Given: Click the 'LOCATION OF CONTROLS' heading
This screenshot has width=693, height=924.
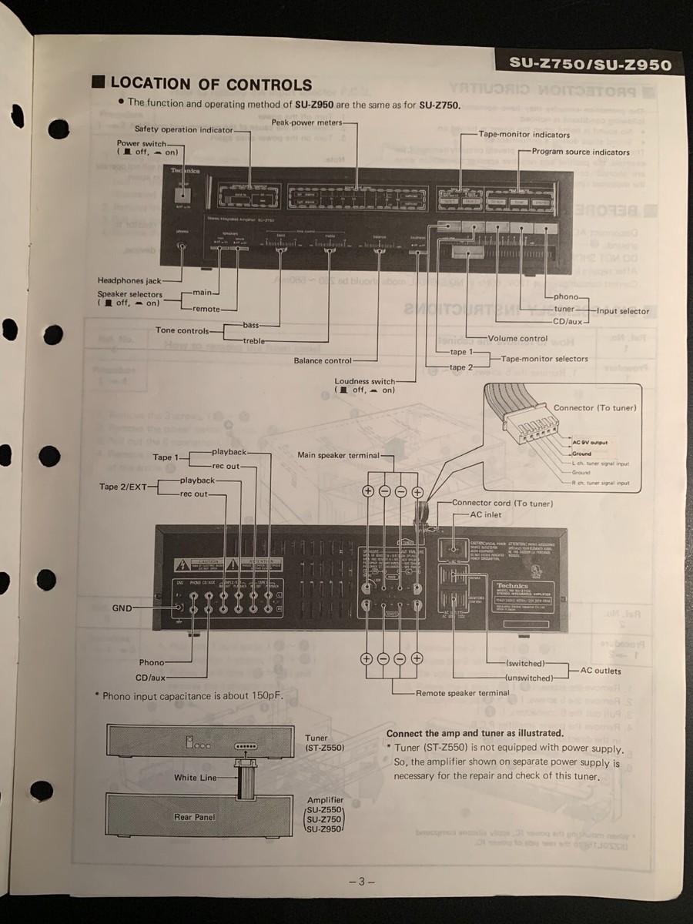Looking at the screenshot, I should coord(211,84).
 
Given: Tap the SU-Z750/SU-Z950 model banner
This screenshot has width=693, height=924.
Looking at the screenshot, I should coord(591,65).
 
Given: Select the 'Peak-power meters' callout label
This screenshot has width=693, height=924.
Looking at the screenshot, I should coord(305,122).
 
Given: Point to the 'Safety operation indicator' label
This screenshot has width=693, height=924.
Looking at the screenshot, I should coord(183,129).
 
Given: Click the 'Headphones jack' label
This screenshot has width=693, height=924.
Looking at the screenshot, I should coord(129,281).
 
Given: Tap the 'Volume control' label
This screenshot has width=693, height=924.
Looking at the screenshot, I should coord(517,338).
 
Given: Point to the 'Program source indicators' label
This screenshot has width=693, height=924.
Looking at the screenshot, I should coord(580,152).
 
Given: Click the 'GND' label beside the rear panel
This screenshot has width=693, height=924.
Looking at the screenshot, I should coord(122,608).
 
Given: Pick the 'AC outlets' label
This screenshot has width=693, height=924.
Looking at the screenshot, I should coord(601,671).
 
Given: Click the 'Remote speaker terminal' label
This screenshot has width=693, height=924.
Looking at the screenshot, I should coord(462,693).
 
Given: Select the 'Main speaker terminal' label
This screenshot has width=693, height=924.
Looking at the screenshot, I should coord(338,455).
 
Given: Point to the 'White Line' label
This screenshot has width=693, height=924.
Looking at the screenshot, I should coord(196,778).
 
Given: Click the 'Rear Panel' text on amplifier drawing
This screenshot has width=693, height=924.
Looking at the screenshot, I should coord(194,817).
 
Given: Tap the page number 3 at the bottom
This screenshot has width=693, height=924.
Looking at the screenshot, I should coord(360,882).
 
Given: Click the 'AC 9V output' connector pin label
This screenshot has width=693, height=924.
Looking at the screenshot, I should coord(589,443).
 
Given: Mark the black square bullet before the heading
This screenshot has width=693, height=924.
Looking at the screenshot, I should coord(97,83).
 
